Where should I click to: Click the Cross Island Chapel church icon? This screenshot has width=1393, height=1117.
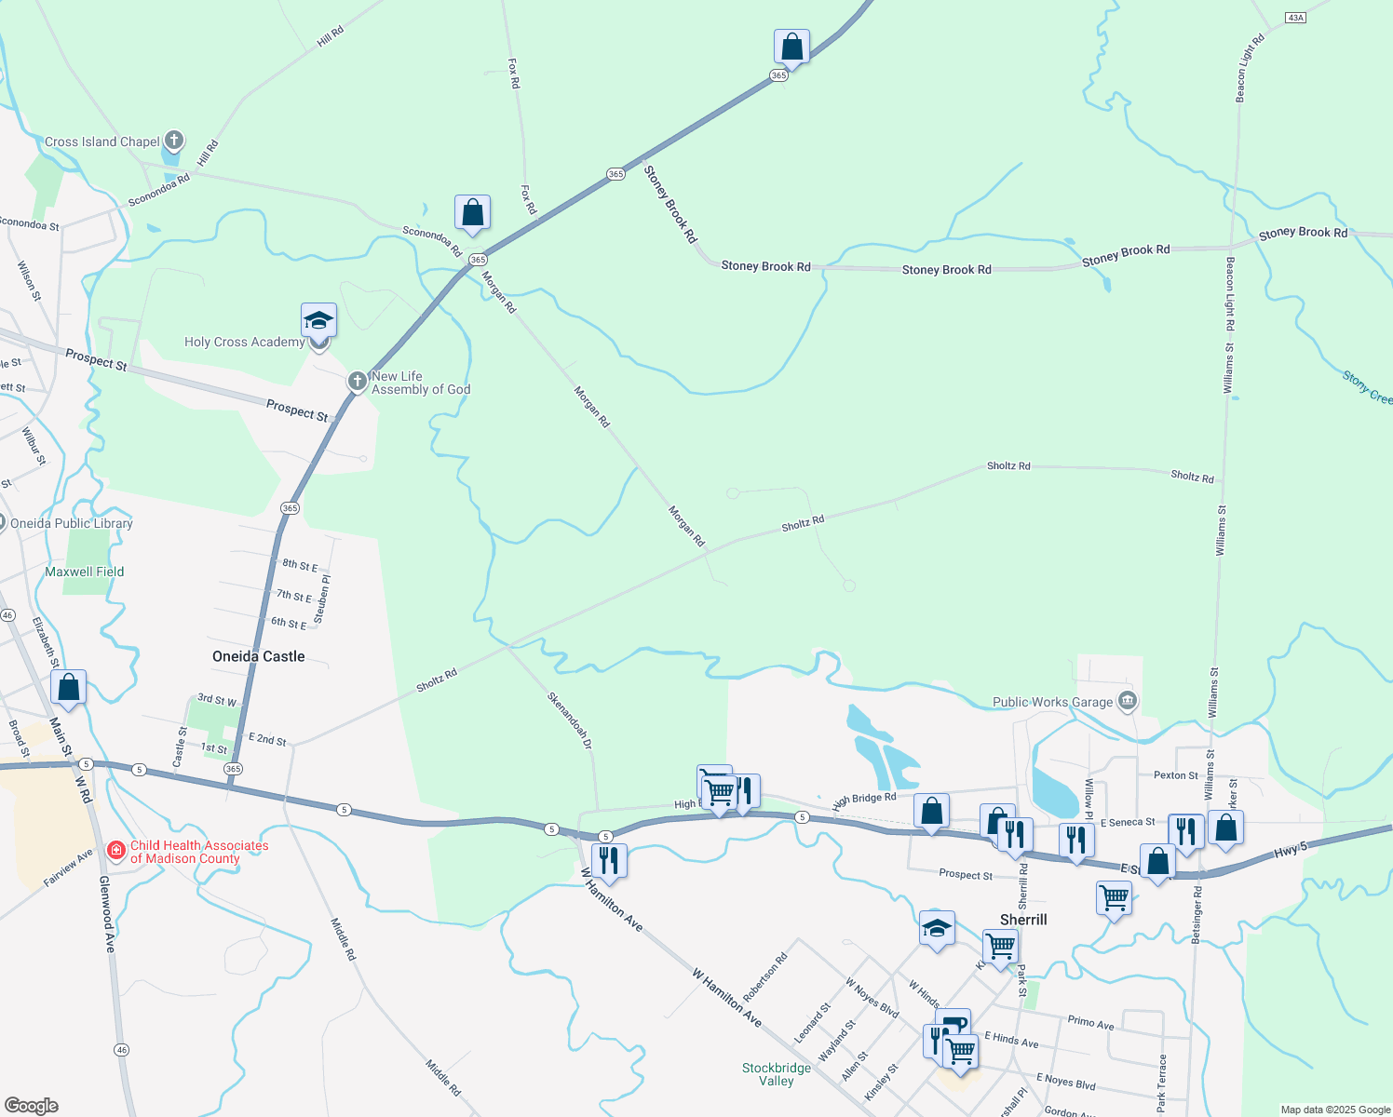(x=173, y=141)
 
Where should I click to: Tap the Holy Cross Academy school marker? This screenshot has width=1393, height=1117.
(x=318, y=321)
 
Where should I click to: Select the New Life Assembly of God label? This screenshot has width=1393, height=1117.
(x=420, y=384)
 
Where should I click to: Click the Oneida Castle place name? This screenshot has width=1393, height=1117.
(x=258, y=656)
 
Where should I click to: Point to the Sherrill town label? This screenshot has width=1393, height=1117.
(x=1023, y=920)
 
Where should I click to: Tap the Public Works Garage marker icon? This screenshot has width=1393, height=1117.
(x=1128, y=701)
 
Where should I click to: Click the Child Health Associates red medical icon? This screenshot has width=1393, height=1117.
(x=116, y=851)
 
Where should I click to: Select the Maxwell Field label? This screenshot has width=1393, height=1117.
(x=84, y=572)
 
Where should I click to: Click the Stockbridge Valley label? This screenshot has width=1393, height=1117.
(x=776, y=1074)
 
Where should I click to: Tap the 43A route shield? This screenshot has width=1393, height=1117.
(x=1295, y=18)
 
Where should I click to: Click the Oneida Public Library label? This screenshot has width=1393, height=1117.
(x=72, y=523)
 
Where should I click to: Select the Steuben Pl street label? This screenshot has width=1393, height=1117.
(x=323, y=599)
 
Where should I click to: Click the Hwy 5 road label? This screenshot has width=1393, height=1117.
(x=1291, y=850)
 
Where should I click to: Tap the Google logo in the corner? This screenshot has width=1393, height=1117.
(x=32, y=1105)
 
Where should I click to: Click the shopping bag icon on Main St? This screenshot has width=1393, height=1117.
(x=69, y=688)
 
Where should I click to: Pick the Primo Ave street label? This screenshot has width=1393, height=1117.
(x=1090, y=1022)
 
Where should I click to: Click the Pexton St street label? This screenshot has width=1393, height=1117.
(x=1175, y=774)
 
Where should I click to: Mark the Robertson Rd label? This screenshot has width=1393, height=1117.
(x=765, y=977)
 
